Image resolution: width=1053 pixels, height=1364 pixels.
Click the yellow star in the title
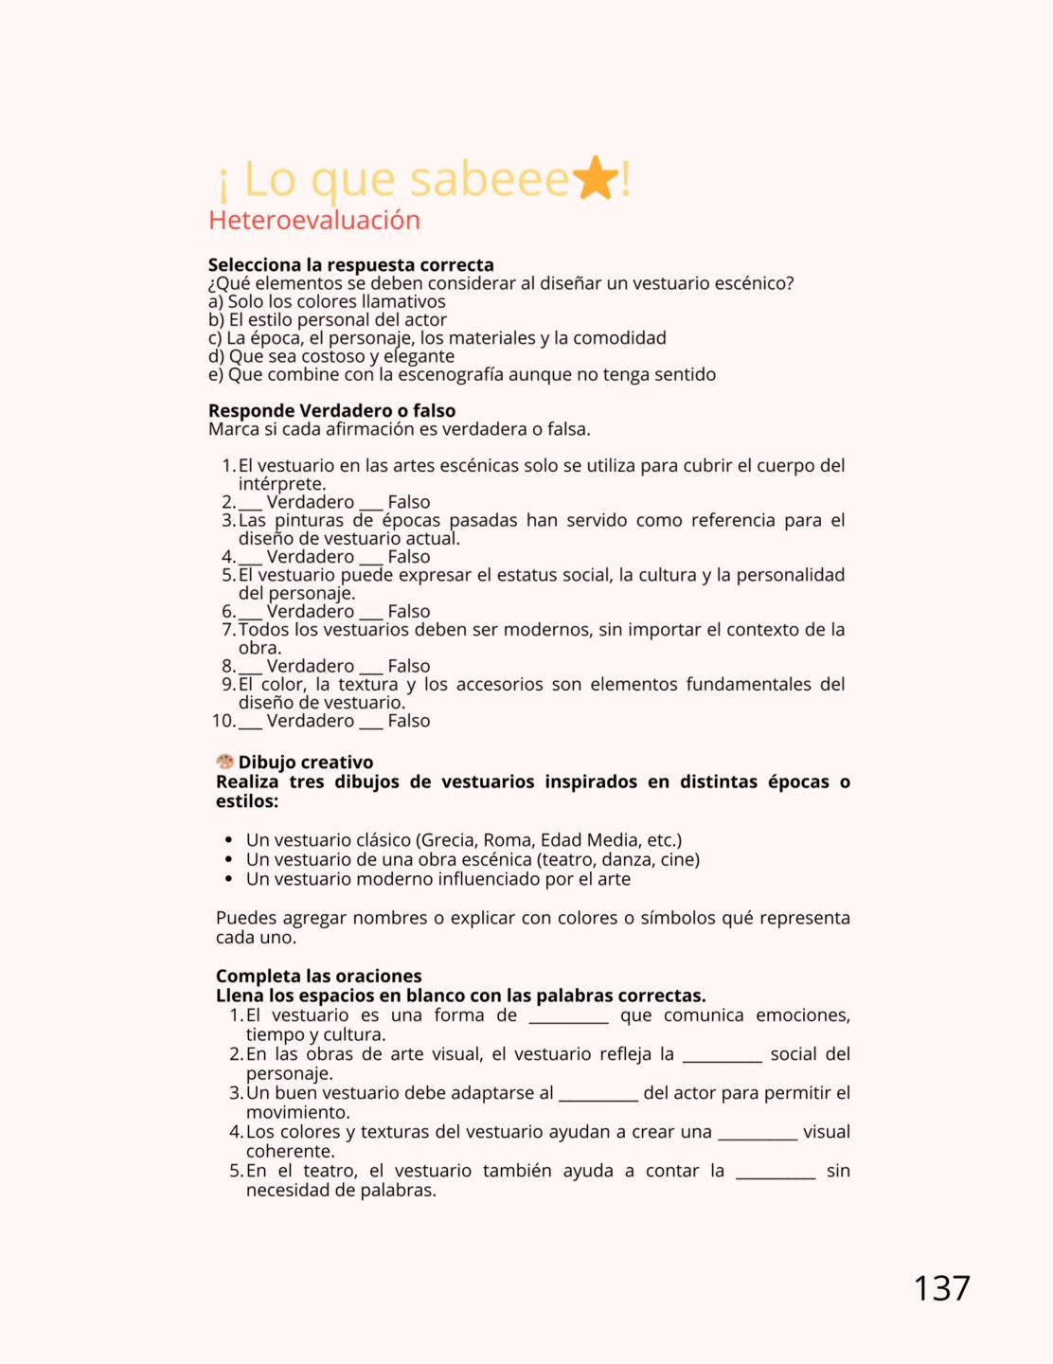[596, 178]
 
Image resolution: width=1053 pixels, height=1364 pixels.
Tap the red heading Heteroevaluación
[314, 220]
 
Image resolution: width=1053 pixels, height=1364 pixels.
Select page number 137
[941, 1288]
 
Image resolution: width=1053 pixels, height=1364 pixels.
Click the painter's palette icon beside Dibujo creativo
[224, 762]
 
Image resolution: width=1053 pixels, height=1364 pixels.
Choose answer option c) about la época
[437, 338]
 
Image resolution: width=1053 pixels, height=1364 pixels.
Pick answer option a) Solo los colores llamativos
[327, 301]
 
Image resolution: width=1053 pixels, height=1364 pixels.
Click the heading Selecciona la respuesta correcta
[350, 264]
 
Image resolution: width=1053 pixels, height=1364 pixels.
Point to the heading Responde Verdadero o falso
[331, 410]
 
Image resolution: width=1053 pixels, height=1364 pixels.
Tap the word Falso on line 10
[408, 721]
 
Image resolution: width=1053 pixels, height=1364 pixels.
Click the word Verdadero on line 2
[310, 502]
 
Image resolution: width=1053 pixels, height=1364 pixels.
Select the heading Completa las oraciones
[318, 976]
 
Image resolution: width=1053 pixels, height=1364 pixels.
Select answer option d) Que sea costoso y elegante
[331, 356]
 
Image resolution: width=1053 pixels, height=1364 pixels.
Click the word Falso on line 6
[408, 612]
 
